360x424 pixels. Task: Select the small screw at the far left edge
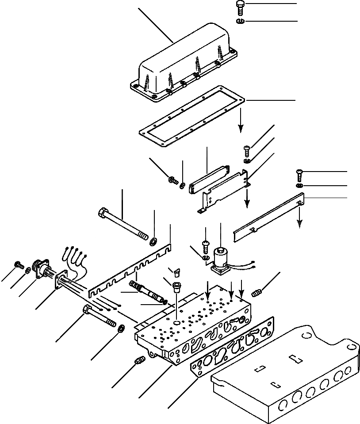[19, 265]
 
